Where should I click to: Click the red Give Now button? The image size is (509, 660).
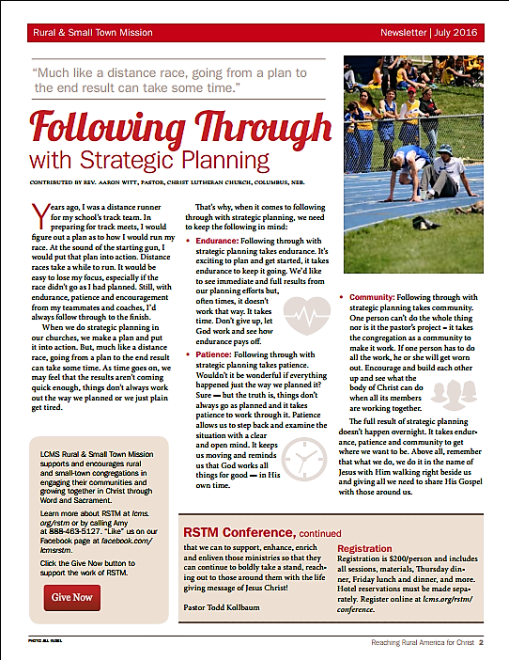tap(72, 597)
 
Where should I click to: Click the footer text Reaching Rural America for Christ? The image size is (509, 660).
tap(420, 643)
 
